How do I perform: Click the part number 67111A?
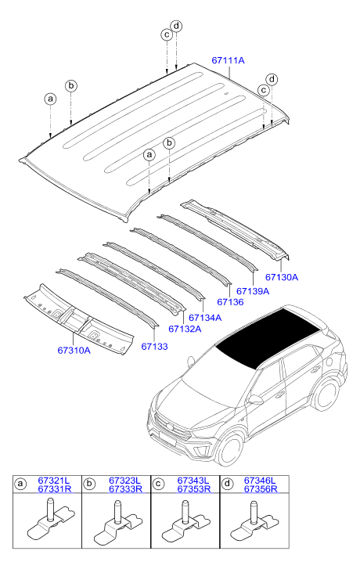pos(228,60)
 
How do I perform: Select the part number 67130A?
pos(282,277)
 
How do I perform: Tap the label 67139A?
pos(253,291)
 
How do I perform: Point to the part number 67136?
pos(230,302)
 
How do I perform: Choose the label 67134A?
pos(205,318)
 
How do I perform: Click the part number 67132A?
pos(185,329)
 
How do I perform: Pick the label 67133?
pos(155,347)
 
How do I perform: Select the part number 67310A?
pos(74,351)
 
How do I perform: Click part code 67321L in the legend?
pos(54,481)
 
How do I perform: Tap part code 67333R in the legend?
pos(125,489)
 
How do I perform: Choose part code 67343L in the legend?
pos(193,481)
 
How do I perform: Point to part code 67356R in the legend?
pos(261,489)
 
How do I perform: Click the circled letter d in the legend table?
pos(227,484)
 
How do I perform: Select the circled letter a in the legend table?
pos(20,484)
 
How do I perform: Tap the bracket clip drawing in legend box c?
pos(185,523)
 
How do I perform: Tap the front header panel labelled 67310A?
pos(79,319)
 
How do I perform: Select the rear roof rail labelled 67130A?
pos(235,229)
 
